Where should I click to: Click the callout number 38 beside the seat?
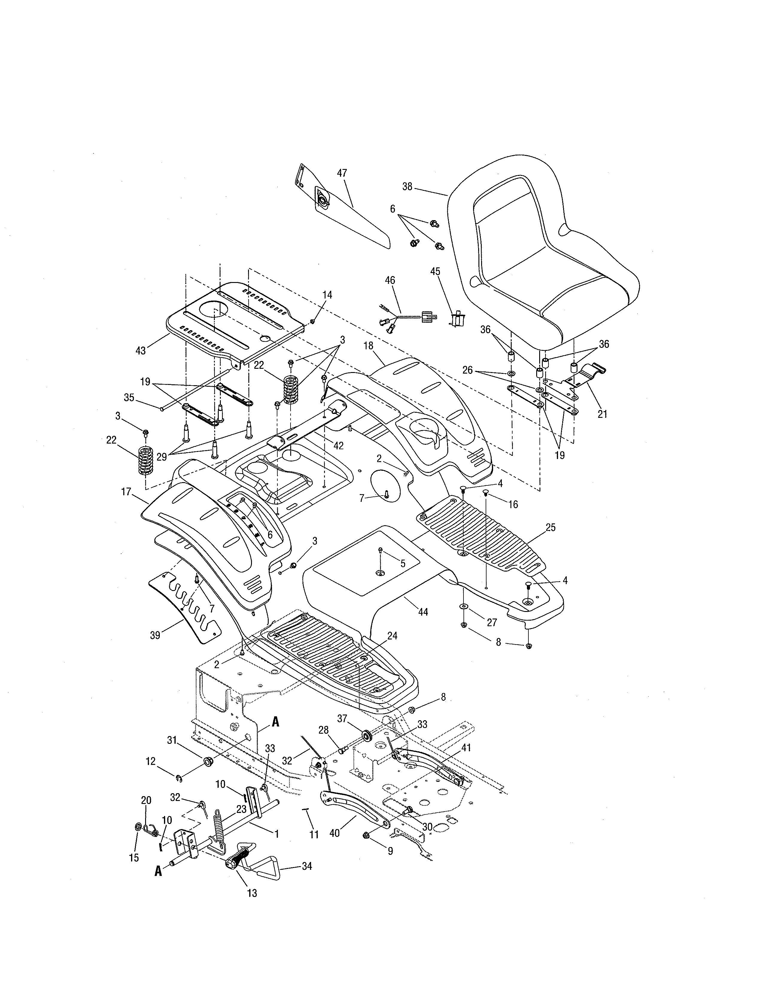click(x=407, y=186)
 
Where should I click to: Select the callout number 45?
click(x=435, y=271)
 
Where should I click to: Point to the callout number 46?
click(x=390, y=280)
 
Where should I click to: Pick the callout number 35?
click(x=129, y=398)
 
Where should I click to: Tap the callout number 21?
click(x=602, y=414)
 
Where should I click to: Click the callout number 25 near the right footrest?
click(x=550, y=527)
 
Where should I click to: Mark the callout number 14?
click(x=327, y=295)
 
